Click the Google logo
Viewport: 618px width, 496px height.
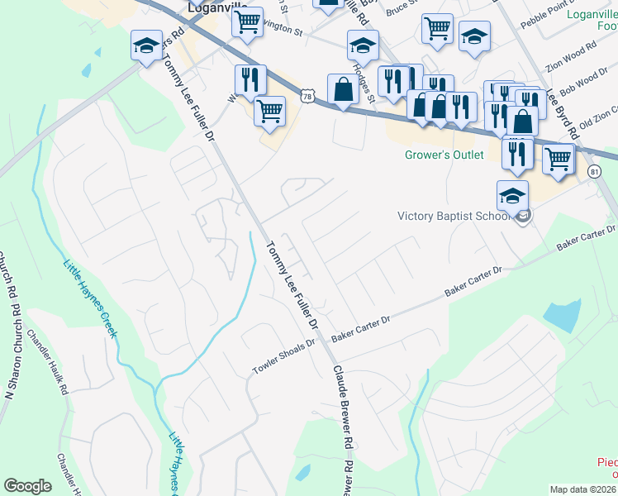[x=27, y=486]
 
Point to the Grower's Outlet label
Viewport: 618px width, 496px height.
[x=444, y=155]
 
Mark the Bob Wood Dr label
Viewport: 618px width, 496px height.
[x=583, y=82]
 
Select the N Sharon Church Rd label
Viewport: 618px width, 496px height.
[x=10, y=331]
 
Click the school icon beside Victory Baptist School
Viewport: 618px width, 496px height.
[x=512, y=197]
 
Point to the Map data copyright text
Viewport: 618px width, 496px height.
[x=582, y=489]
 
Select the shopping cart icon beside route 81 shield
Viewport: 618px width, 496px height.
[x=559, y=157]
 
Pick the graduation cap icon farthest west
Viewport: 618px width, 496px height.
[x=147, y=46]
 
